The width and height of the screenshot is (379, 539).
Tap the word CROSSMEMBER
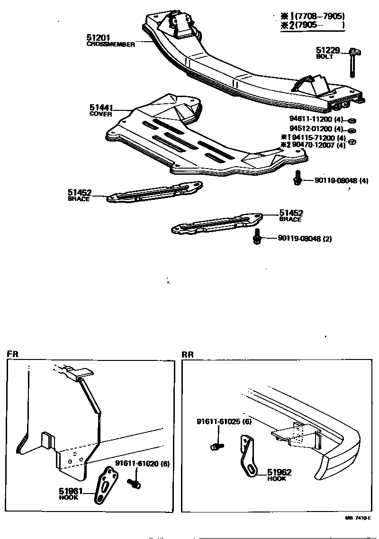tap(111, 44)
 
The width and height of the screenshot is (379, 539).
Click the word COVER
tap(100, 114)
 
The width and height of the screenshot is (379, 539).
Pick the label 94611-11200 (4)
tap(316, 120)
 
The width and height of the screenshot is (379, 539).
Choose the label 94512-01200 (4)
tap(316, 128)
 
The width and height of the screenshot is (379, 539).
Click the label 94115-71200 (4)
tap(319, 137)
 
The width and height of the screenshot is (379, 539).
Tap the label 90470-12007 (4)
tap(319, 145)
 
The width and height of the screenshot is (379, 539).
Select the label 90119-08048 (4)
tap(334, 180)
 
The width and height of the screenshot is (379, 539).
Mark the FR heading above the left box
tap(12, 354)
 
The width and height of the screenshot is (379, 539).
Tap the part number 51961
tap(70, 491)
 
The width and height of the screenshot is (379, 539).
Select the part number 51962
tap(279, 472)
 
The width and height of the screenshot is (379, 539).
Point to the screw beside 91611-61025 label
tap(217, 446)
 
